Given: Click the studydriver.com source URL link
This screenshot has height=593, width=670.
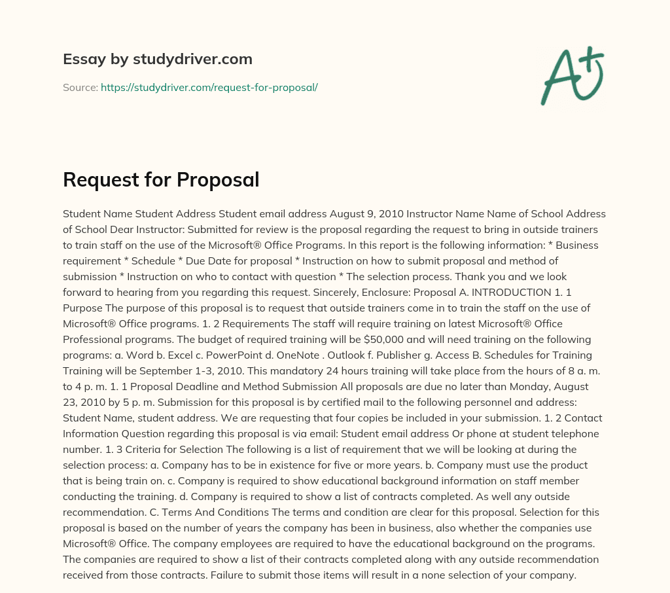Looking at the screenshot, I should (209, 87).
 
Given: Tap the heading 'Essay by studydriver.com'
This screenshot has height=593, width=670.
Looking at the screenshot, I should (157, 59).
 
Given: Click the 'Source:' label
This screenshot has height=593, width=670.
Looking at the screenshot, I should (80, 87).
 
